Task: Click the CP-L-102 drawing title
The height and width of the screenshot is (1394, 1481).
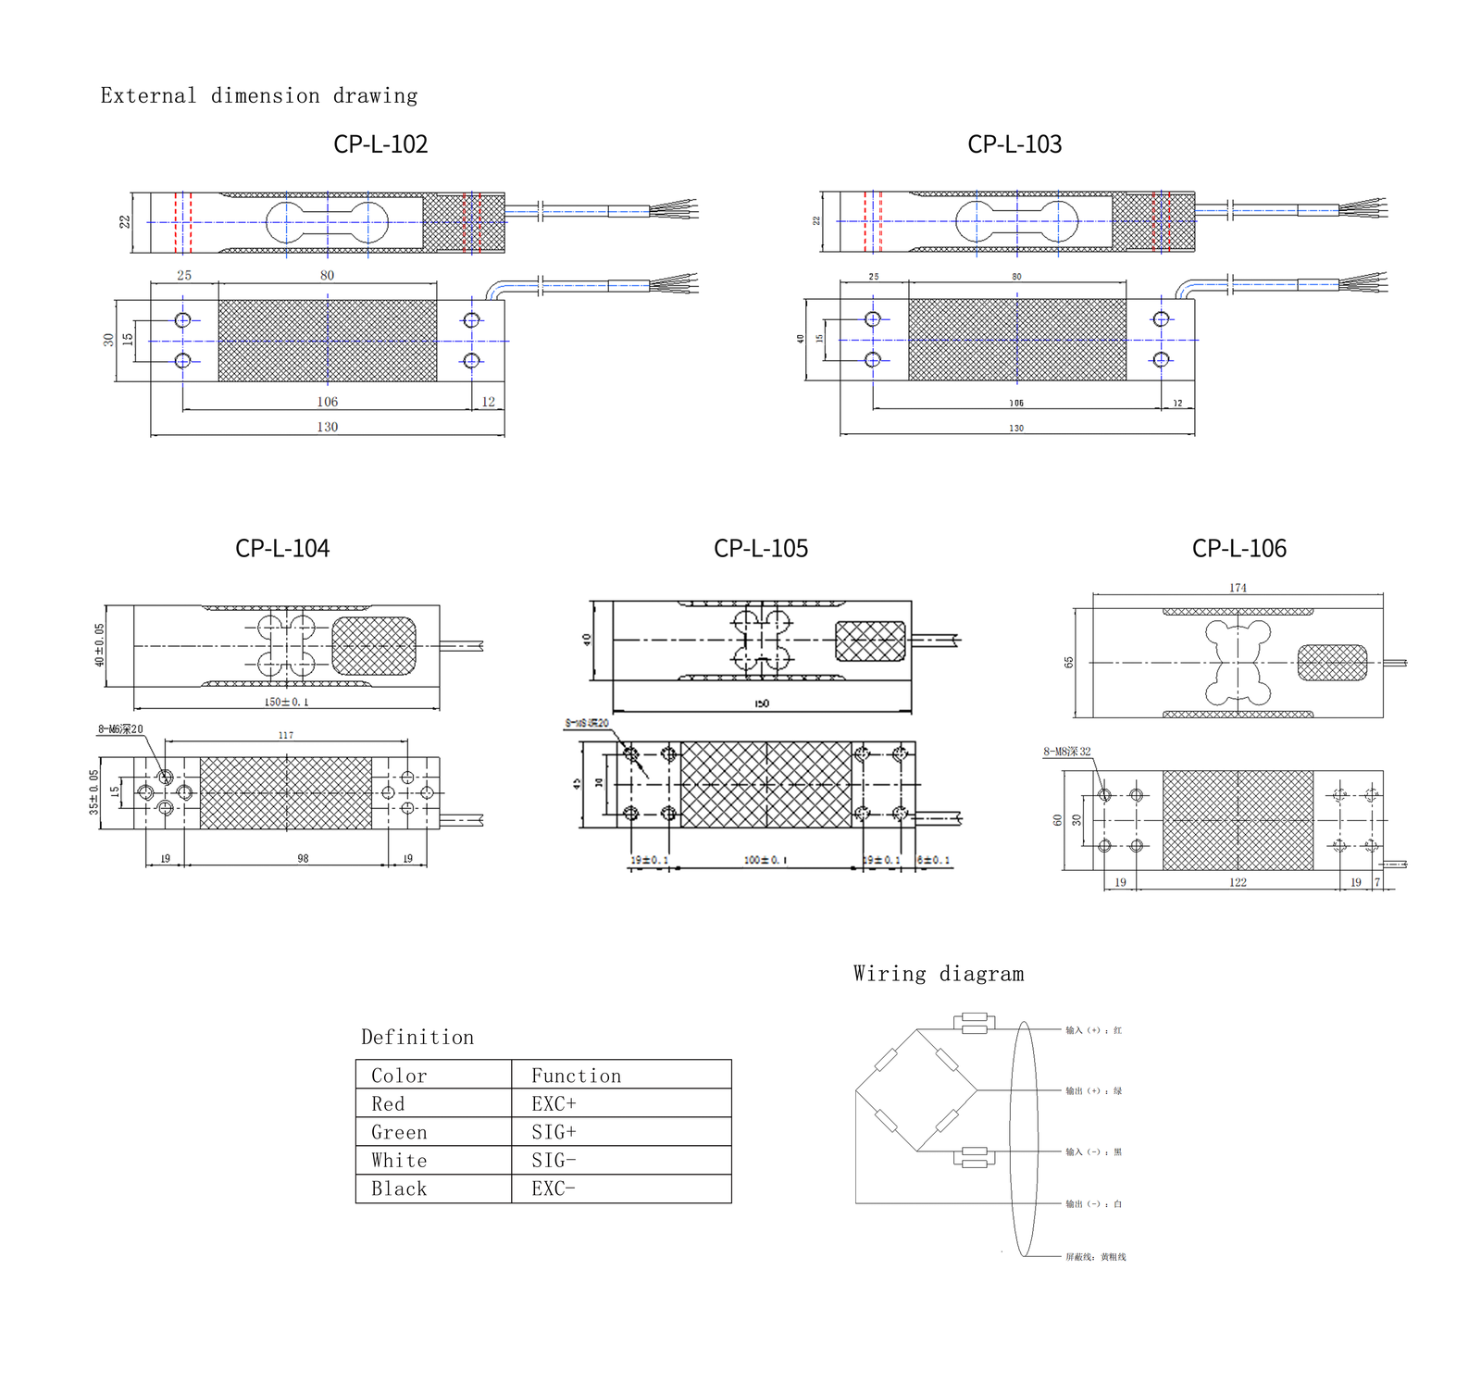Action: (x=380, y=144)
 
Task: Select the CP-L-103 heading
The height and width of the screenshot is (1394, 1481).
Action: (x=1014, y=144)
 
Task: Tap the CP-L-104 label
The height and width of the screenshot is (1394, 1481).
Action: (x=282, y=548)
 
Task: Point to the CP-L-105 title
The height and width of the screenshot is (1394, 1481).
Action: (x=761, y=548)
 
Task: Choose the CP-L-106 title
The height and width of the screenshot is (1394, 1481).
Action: (x=1239, y=548)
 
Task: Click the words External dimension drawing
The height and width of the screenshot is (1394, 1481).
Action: (x=259, y=96)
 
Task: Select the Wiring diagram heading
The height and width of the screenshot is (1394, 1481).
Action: (x=939, y=974)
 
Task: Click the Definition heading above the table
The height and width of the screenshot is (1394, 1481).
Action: (x=417, y=1038)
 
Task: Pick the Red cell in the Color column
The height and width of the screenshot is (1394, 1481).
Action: (x=388, y=1104)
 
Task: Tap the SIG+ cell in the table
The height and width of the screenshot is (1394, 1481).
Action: (x=554, y=1133)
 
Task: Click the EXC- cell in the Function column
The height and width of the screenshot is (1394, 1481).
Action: (x=554, y=1189)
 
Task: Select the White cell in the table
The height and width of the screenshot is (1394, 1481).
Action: (x=399, y=1161)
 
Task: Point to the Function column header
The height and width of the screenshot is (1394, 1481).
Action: (x=576, y=1077)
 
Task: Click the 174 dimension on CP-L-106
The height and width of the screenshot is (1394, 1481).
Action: (x=1238, y=588)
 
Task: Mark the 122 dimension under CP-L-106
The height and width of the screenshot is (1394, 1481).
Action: (x=1238, y=883)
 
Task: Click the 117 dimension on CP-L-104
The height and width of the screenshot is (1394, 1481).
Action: (x=286, y=735)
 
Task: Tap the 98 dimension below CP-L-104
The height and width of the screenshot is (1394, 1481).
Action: (x=303, y=859)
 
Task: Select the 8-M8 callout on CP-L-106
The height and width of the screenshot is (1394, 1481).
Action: (x=1067, y=752)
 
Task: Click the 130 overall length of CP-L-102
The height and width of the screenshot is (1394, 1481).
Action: (x=328, y=428)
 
